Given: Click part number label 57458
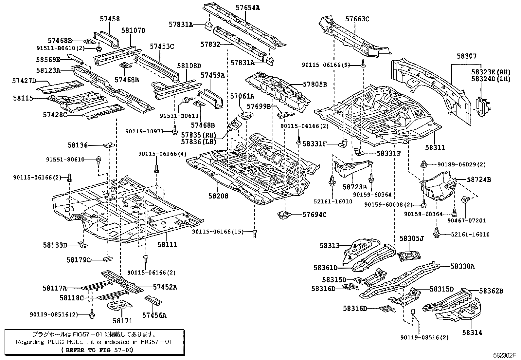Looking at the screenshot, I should click(x=110, y=19).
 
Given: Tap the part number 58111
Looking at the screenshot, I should click(x=167, y=244).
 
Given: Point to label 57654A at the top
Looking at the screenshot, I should click(x=247, y=8).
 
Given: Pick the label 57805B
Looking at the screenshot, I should click(x=315, y=84).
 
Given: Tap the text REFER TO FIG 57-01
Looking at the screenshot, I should click(x=97, y=350).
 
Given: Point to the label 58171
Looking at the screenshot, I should click(x=122, y=321).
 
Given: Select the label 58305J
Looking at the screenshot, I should click(x=411, y=238).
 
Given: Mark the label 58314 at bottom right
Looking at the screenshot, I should click(x=472, y=332).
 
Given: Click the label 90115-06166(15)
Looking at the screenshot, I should click(x=218, y=232).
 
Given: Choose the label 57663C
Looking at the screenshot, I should click(x=357, y=19).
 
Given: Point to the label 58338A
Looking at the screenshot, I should click(x=462, y=266).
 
